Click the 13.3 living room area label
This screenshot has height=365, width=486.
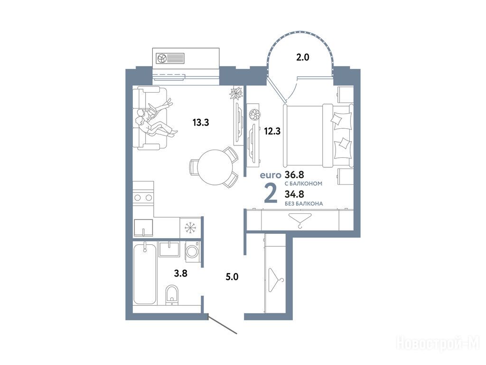(x=201, y=123)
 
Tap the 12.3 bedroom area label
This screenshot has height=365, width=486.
(x=272, y=131)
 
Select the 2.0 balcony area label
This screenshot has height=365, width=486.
(x=302, y=58)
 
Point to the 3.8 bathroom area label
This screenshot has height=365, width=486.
(x=180, y=273)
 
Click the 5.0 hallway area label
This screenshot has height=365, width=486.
(x=232, y=277)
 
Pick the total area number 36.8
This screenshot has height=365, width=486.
(x=294, y=175)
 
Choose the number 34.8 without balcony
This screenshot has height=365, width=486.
(x=294, y=194)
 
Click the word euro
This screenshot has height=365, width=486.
(x=270, y=175)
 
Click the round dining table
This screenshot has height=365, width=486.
(x=215, y=167)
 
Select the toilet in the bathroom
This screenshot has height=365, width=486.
(x=172, y=295)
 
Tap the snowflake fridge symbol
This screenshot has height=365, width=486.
(x=190, y=228)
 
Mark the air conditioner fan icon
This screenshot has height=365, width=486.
(x=161, y=58)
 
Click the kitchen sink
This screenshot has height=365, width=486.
(x=143, y=228)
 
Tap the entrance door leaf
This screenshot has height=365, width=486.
(x=223, y=325)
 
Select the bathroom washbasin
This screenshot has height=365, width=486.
(x=169, y=249)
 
